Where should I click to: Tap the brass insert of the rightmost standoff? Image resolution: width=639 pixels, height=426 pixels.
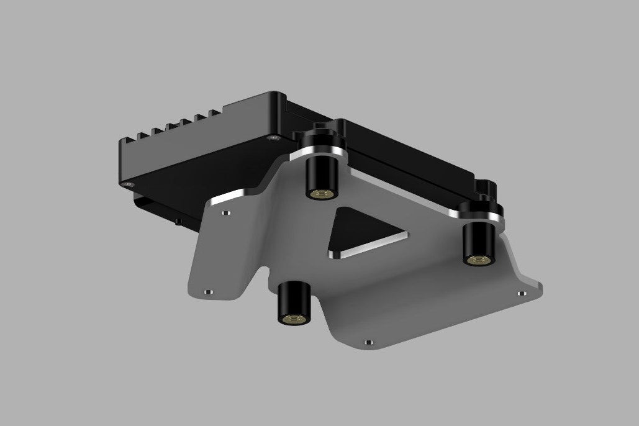click(x=477, y=259)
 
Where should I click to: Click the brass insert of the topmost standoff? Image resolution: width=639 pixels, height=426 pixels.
click(x=320, y=193)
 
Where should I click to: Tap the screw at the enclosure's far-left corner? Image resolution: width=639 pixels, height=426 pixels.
click(x=129, y=184)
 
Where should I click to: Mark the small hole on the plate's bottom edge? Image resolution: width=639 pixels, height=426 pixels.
click(x=369, y=342)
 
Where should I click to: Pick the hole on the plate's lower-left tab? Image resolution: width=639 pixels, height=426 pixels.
click(x=207, y=290)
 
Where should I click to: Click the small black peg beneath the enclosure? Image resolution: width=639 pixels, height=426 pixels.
click(x=177, y=220)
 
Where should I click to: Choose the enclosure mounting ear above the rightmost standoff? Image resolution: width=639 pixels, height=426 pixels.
click(x=485, y=188)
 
